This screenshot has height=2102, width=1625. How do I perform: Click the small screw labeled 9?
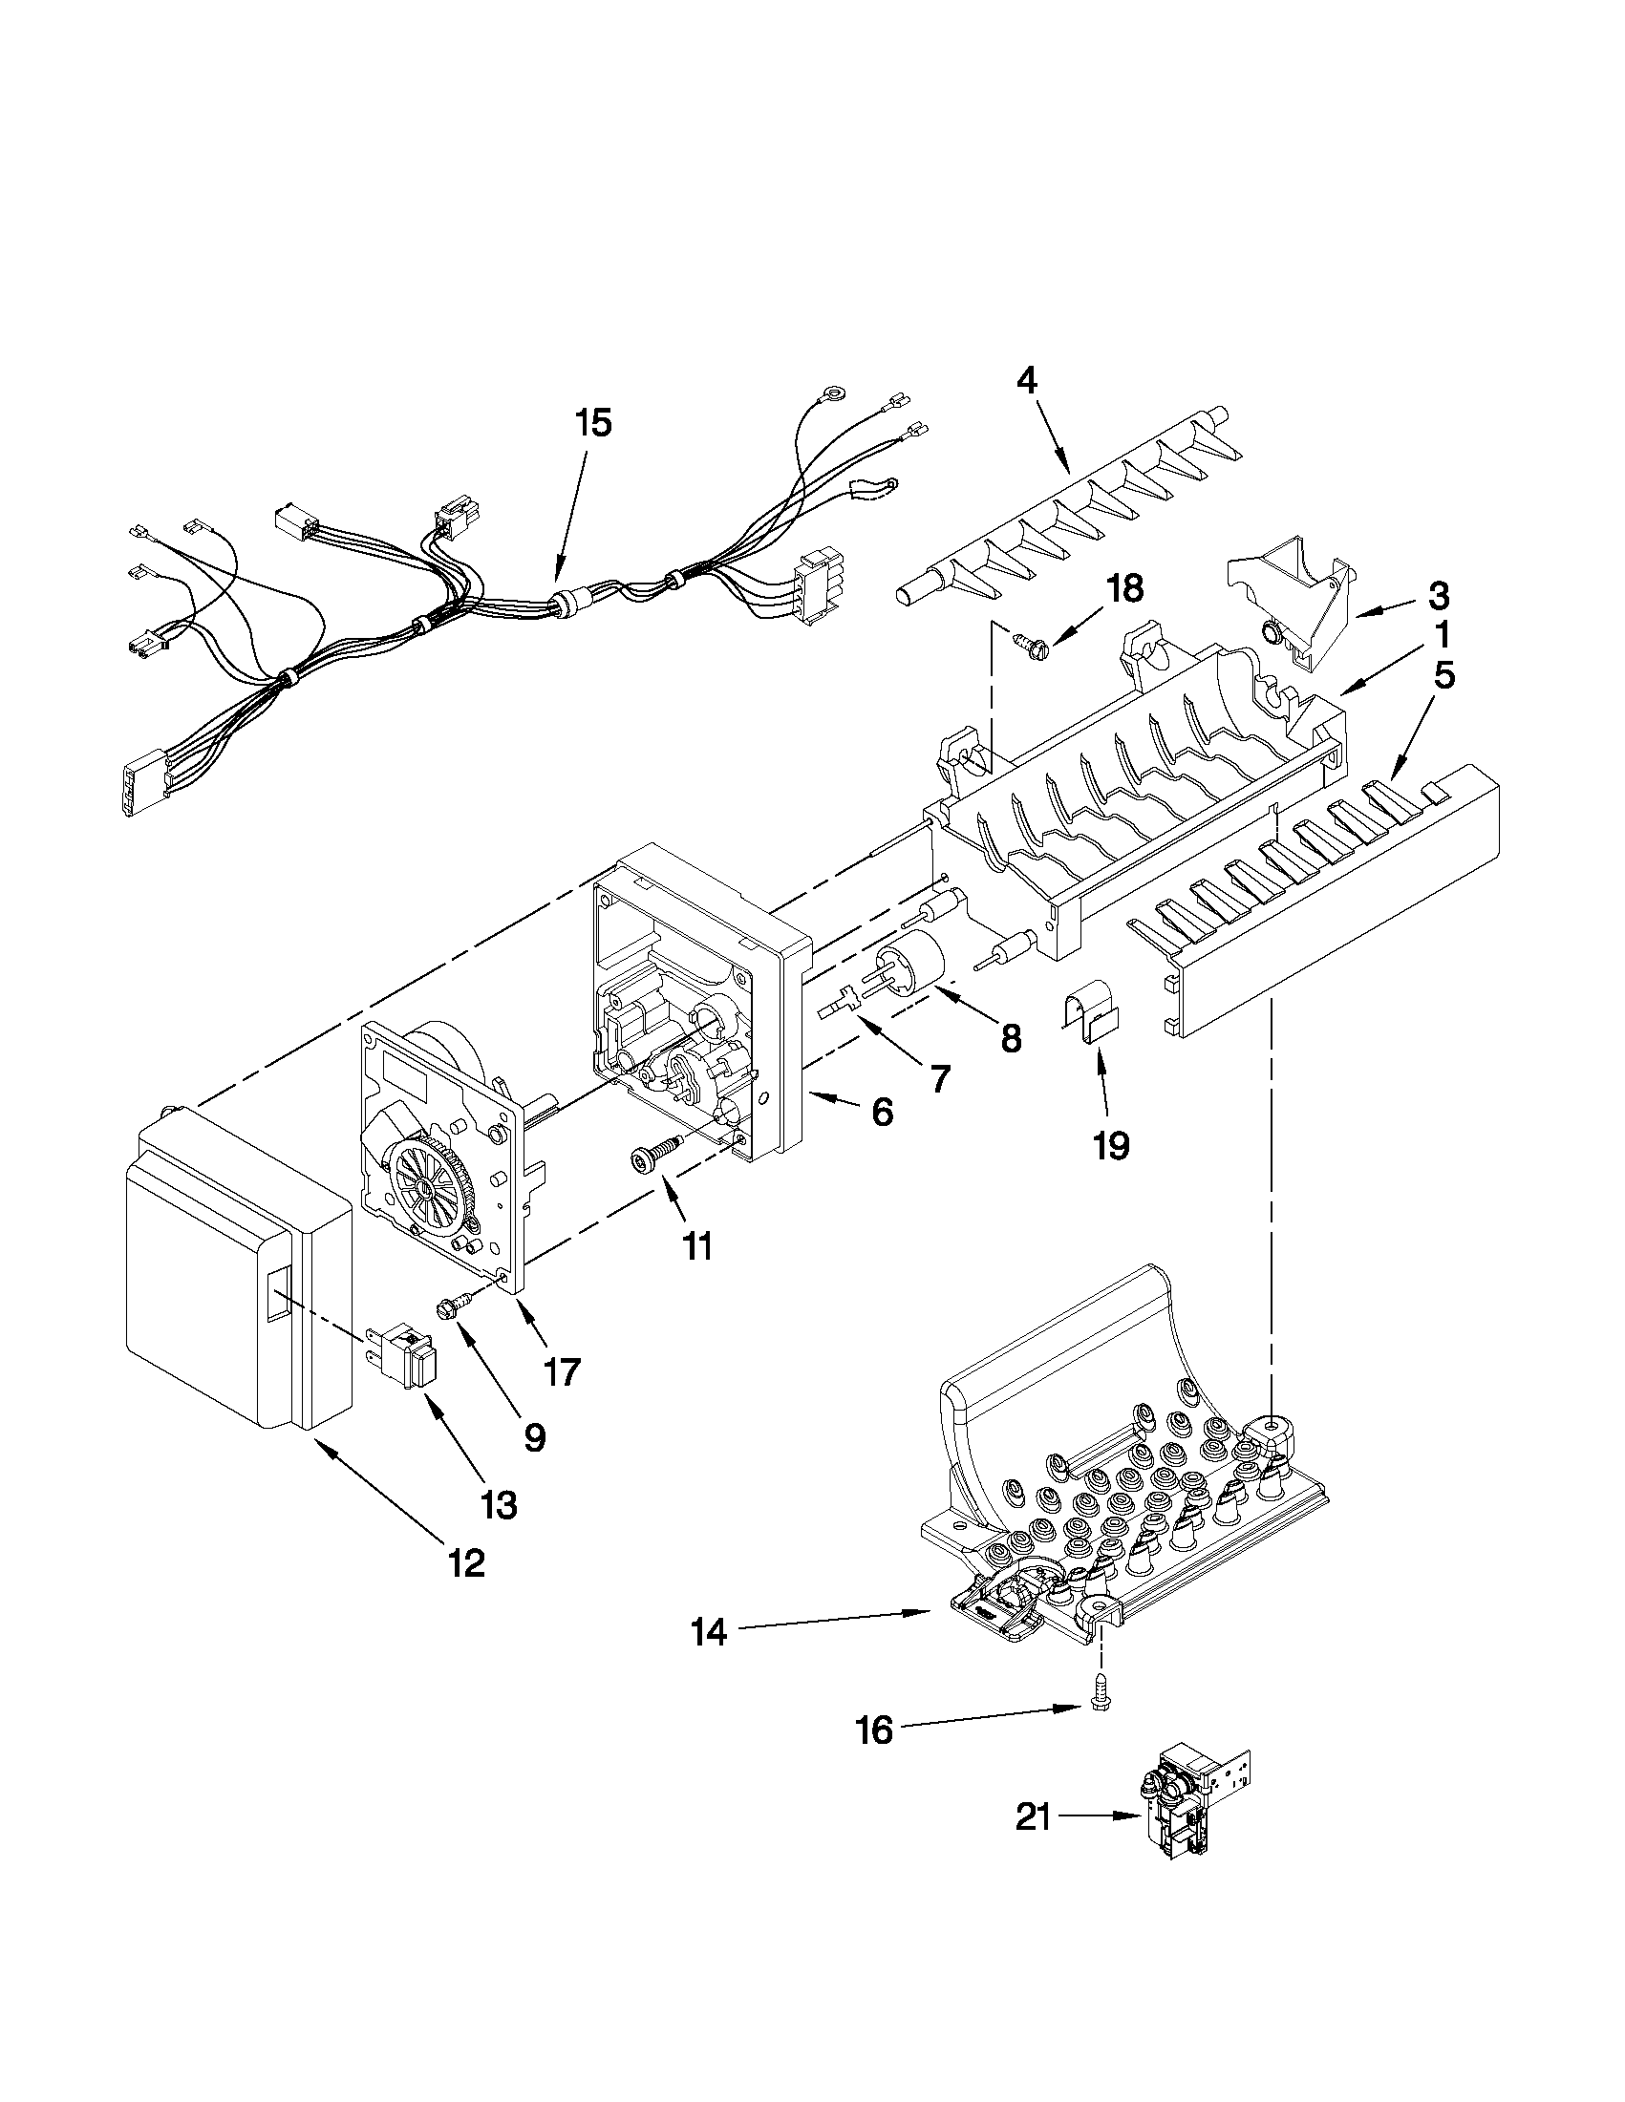click(x=453, y=1306)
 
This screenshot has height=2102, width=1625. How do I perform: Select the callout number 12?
click(x=466, y=1563)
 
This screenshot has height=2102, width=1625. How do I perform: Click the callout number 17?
click(x=560, y=1371)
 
